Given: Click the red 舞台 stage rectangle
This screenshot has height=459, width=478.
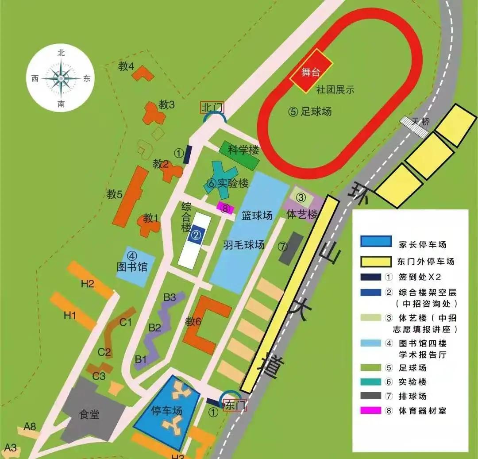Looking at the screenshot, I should coord(311,71).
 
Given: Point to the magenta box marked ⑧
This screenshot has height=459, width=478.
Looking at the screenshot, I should coord(225,207).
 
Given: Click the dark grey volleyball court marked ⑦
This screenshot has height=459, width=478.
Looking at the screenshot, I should coord(291,248).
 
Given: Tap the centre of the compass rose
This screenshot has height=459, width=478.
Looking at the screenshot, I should coord(61,78).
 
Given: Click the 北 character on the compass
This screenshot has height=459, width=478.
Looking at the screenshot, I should coord(61,53).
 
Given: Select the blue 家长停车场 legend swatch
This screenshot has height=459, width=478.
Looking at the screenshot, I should coord(376,241).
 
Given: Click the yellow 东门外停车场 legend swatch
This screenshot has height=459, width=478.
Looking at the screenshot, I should coord(376,261).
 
